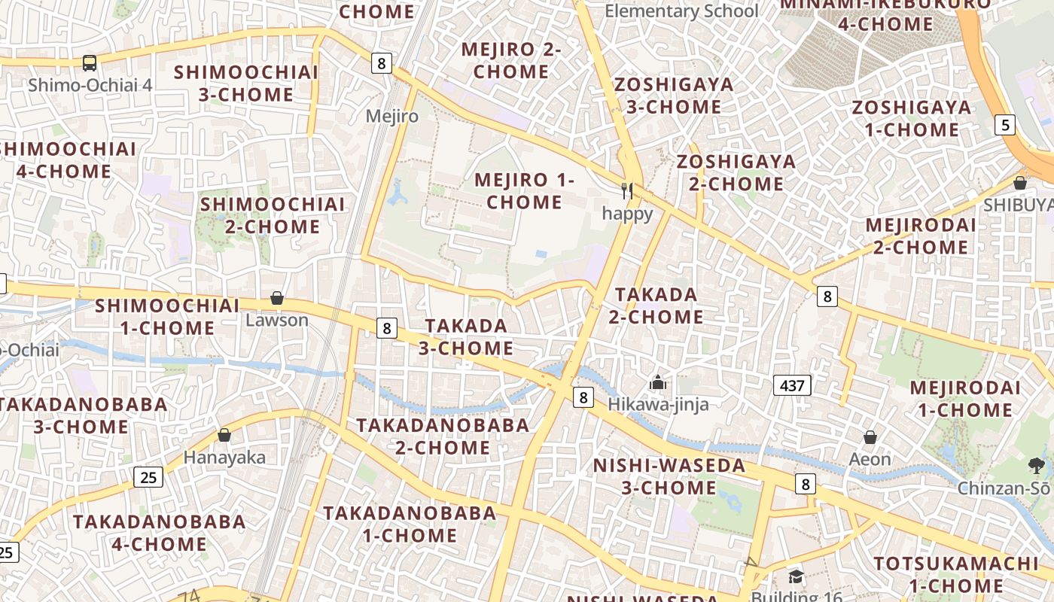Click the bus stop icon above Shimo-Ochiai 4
[x=90, y=62]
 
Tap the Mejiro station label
[x=391, y=116]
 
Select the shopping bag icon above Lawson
[x=277, y=298]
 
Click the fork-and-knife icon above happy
[x=627, y=191]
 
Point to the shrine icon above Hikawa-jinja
[x=658, y=382]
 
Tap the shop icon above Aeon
[x=870, y=437]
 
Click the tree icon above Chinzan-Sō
[x=1037, y=466]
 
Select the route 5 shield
[x=1004, y=124]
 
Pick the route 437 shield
[x=792, y=386]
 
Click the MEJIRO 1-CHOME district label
[x=524, y=191]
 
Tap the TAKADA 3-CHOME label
[x=466, y=336]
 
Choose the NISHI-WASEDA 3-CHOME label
[x=669, y=476]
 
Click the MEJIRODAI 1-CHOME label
[x=965, y=399]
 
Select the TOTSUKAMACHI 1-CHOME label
[x=955, y=574]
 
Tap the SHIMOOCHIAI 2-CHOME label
[x=272, y=214]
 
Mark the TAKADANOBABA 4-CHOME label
[x=159, y=532]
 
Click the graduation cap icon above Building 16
[x=796, y=577]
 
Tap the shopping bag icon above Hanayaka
[x=224, y=435]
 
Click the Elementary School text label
[x=681, y=11]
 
